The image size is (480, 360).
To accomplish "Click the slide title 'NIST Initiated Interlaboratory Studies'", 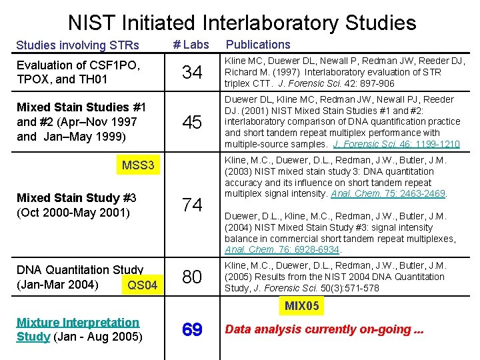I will (x=241, y=23).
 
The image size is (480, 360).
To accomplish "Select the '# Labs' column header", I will (x=191, y=45).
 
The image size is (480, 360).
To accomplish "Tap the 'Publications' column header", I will (x=259, y=45).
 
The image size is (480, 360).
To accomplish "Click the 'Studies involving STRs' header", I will (x=77, y=45).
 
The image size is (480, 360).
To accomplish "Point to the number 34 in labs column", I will (x=192, y=72).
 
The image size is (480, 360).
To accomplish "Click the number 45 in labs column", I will (x=192, y=122).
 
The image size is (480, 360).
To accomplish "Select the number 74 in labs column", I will (x=192, y=205).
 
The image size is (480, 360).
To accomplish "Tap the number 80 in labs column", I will (x=192, y=277).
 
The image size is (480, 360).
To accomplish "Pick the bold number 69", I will (x=192, y=329).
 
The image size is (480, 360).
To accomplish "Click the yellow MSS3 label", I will (x=138, y=165).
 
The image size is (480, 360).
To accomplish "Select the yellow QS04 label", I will (x=142, y=285).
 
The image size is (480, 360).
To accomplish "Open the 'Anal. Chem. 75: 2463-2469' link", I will (x=389, y=193).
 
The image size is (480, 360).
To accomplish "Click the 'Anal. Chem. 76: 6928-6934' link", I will (x=283, y=250).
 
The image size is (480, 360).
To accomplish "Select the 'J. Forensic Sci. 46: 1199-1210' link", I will (x=397, y=144).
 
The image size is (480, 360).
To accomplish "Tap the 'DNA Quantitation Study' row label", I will (x=80, y=270).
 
